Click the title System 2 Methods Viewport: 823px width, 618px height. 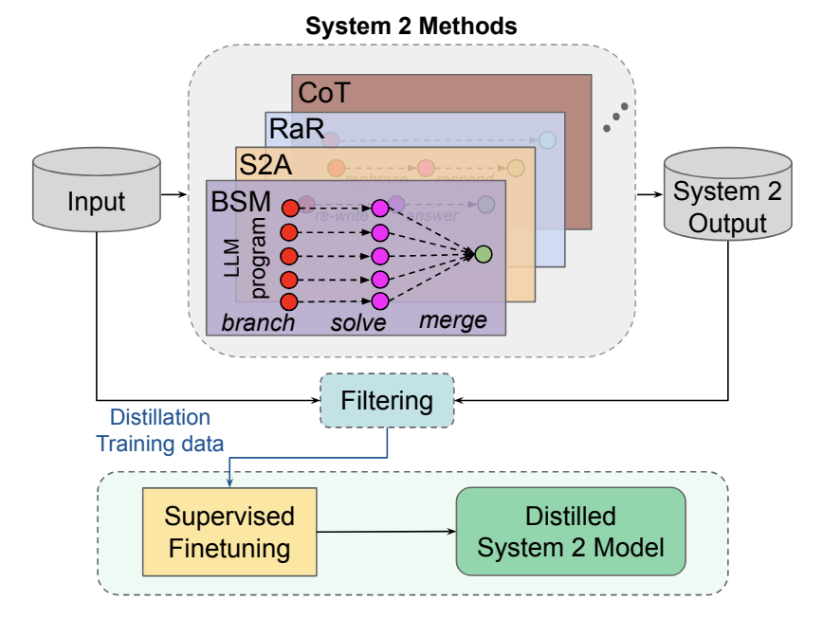[411, 25]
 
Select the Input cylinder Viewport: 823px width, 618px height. [97, 200]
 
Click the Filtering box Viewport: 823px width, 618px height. [388, 400]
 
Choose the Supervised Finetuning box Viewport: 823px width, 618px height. [229, 532]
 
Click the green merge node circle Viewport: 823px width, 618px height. [484, 254]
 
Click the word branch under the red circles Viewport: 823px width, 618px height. [258, 323]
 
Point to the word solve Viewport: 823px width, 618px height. [358, 323]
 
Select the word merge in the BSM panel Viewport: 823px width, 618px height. [453, 321]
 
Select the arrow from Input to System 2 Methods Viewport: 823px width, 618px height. [174, 196]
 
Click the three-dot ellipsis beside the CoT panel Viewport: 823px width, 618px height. [615, 116]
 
